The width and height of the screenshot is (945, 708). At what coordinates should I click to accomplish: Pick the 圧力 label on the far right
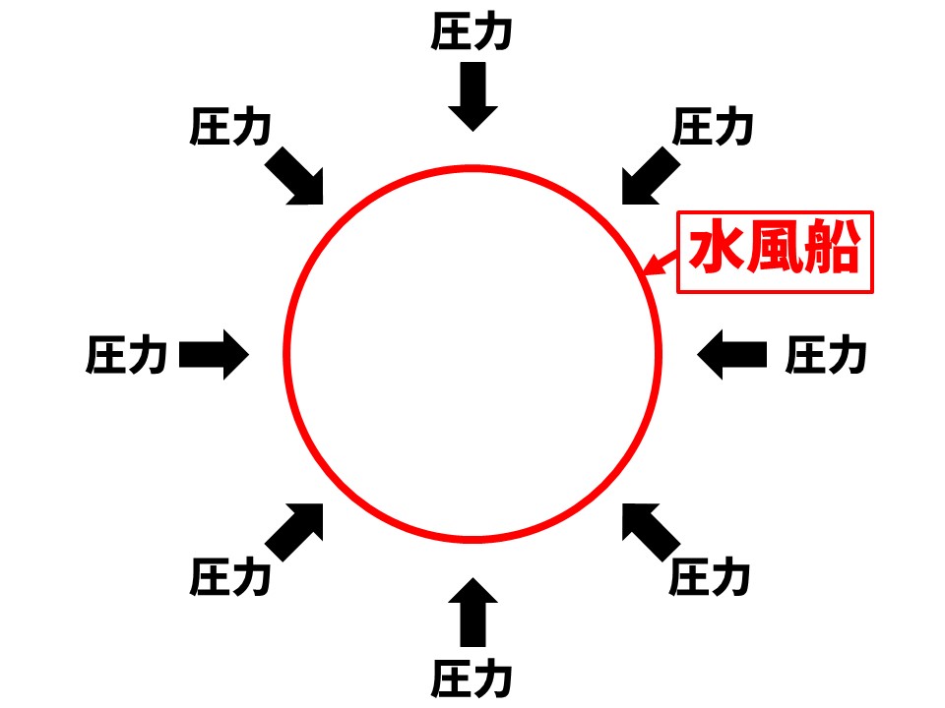tap(826, 355)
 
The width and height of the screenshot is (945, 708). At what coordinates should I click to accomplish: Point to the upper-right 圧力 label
tap(713, 128)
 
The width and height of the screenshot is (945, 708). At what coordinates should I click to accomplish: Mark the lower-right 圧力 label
tap(711, 577)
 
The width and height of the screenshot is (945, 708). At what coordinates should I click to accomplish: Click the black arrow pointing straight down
tap(472, 95)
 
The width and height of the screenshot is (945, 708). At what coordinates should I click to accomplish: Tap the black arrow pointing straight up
tap(472, 614)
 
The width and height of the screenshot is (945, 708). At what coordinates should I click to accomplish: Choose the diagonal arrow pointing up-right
tap(296, 531)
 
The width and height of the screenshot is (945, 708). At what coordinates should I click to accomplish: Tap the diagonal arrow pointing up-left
tap(649, 531)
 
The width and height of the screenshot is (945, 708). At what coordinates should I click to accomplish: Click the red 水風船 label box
tap(775, 252)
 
